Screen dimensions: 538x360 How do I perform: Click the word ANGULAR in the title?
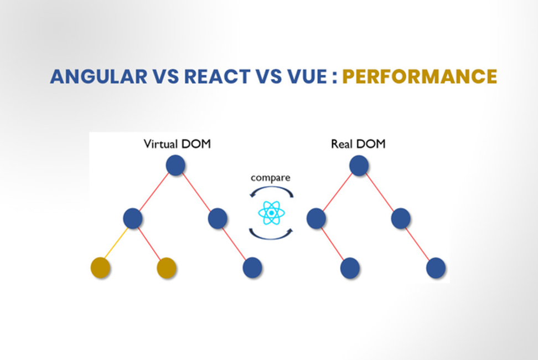tap(99, 76)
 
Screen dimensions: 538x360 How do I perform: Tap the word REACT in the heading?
tap(217, 76)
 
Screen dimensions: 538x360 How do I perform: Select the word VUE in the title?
tap(307, 76)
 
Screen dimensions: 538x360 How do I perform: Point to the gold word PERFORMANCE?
tap(420, 76)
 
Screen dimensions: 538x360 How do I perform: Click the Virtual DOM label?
tap(177, 144)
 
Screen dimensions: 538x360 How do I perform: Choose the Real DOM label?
tap(358, 144)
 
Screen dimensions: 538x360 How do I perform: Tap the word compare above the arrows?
tap(270, 178)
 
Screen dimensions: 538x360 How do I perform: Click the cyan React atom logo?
tap(271, 213)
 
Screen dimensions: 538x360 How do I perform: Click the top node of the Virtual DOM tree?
tap(175, 165)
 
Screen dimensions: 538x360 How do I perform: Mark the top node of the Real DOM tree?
tap(359, 165)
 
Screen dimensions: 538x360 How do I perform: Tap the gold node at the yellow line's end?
tap(101, 268)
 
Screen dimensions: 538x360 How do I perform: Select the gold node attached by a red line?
tap(167, 268)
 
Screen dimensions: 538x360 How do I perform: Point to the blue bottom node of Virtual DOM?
tap(252, 268)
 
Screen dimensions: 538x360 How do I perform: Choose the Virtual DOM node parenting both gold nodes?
tap(133, 218)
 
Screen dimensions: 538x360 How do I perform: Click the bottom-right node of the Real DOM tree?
tap(436, 268)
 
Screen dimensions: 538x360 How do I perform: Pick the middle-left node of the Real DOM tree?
tap(316, 218)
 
